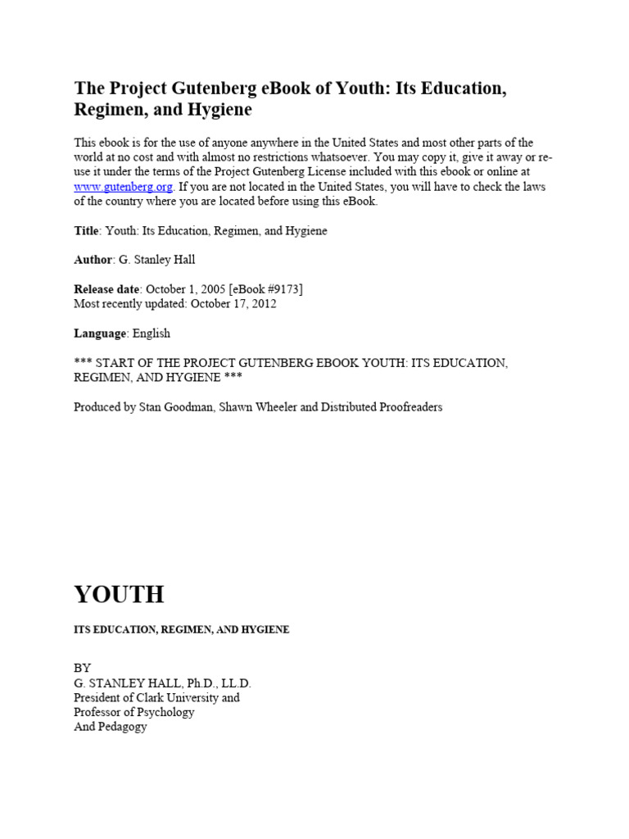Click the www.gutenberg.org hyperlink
(123, 187)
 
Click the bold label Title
(87, 231)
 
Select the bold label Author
(93, 260)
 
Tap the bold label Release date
(107, 289)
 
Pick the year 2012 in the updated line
(263, 304)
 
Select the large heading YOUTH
(119, 594)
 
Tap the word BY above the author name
(83, 668)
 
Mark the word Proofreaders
(404, 407)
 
